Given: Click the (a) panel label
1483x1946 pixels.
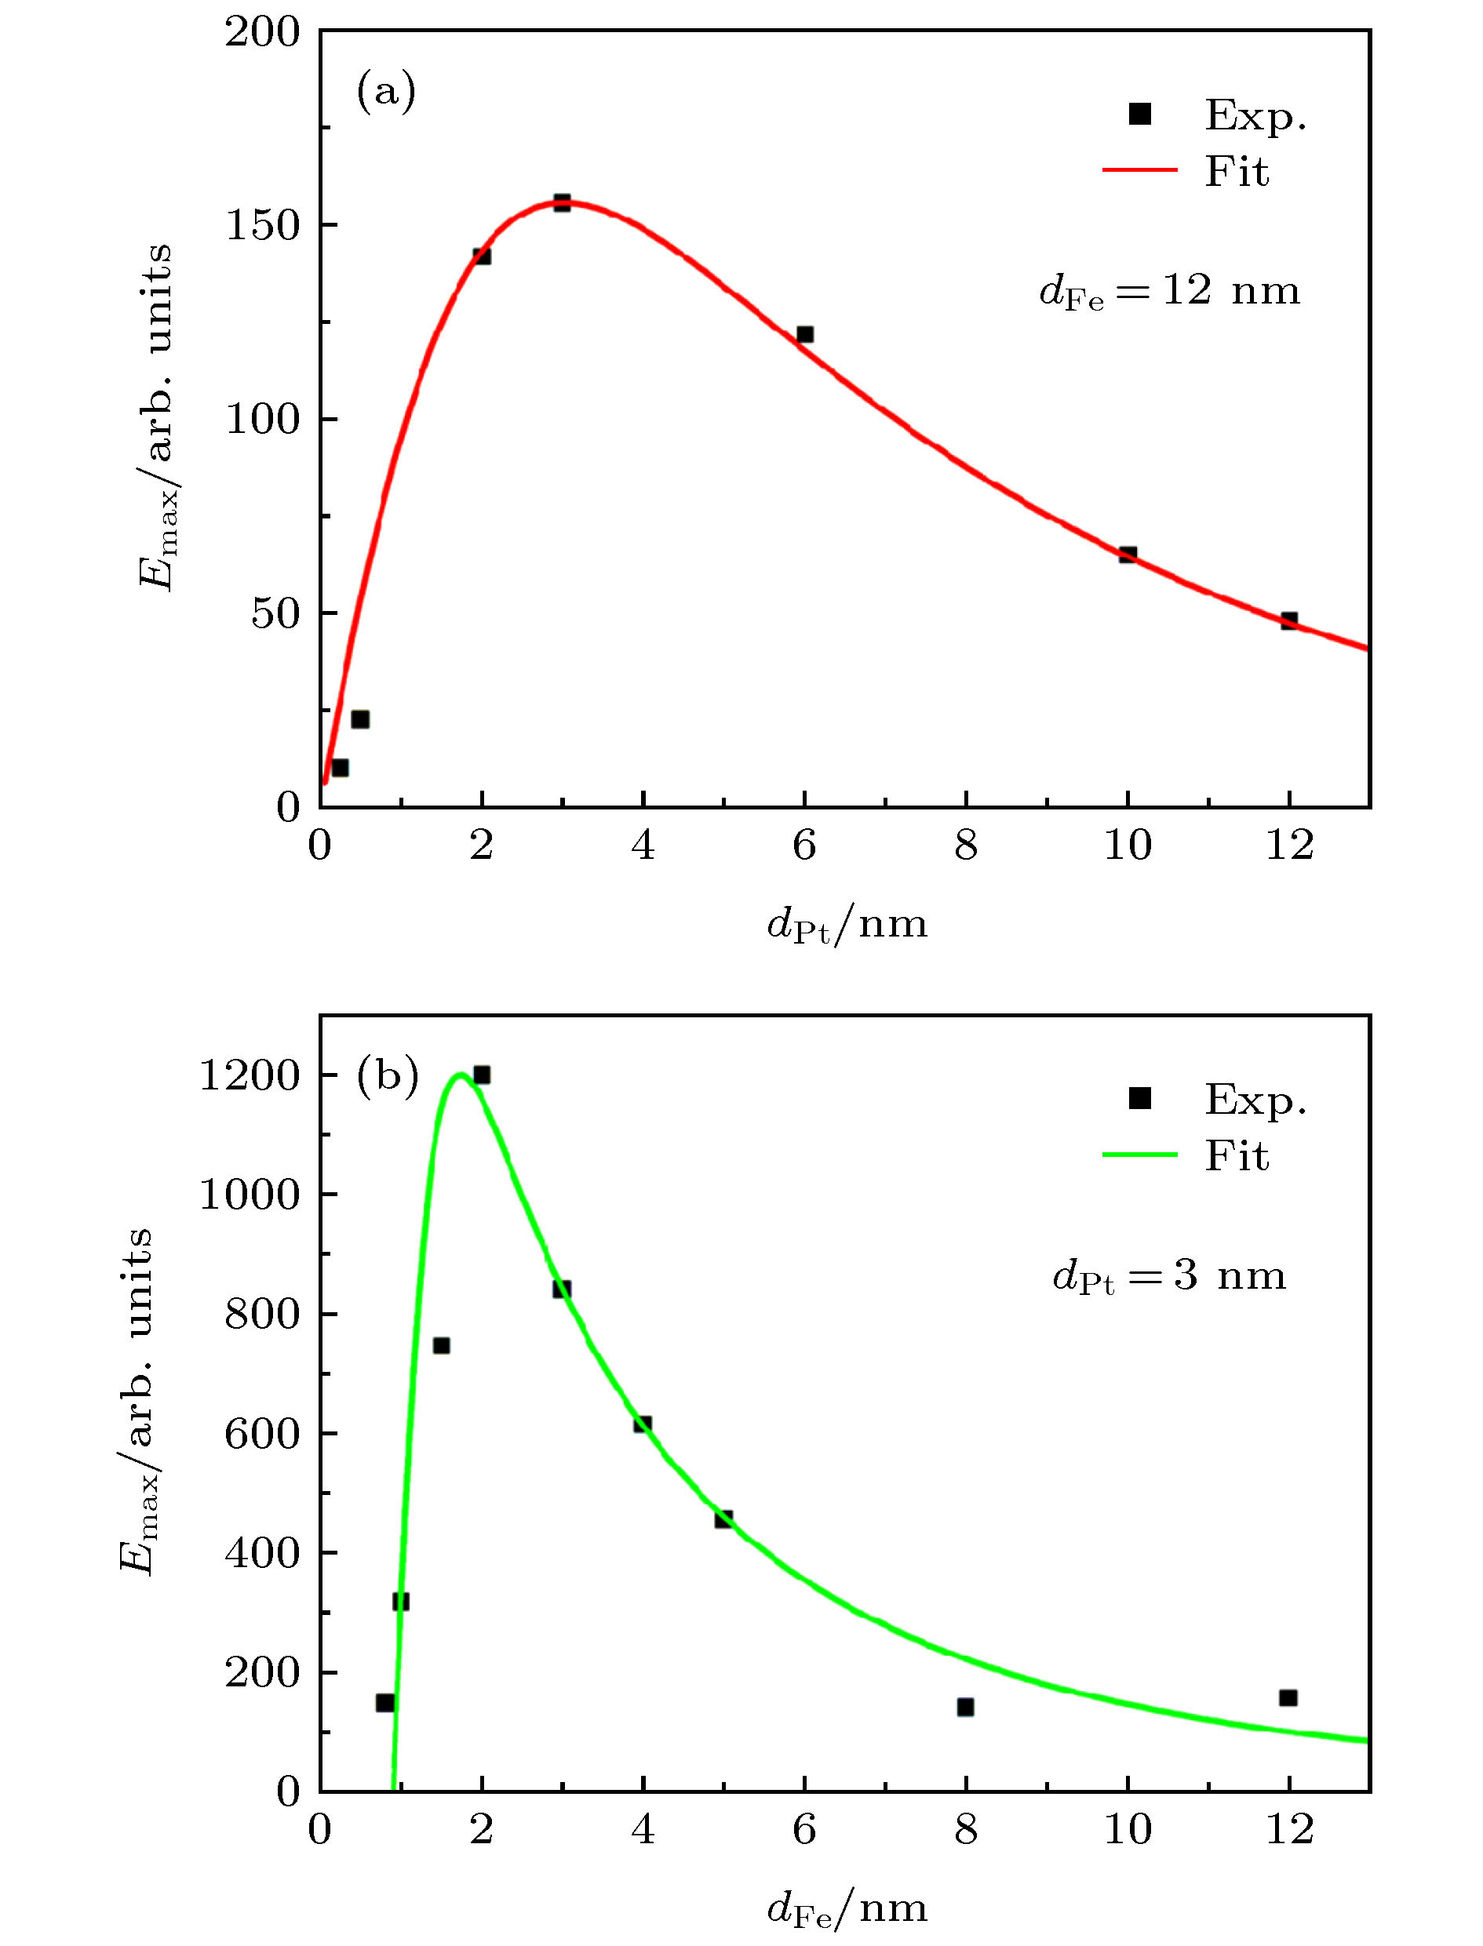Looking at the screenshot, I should pyautogui.click(x=386, y=92).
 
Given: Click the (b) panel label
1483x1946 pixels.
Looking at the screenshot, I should pyautogui.click(x=387, y=1078).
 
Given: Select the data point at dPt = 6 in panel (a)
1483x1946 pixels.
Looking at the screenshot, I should pyautogui.click(x=804, y=334).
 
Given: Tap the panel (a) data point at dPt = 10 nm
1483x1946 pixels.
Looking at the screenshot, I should pyautogui.click(x=1128, y=555).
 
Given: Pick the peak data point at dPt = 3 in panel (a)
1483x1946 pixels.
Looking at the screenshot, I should pyautogui.click(x=563, y=203).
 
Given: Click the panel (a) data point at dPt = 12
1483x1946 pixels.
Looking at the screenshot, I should pyautogui.click(x=1288, y=620).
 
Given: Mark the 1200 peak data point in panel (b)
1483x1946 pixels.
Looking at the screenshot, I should pyautogui.click(x=481, y=1075).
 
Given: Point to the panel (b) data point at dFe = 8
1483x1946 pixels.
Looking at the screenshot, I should pyautogui.click(x=966, y=1707).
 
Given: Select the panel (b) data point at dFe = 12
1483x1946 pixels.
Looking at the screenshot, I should pyautogui.click(x=1288, y=1697).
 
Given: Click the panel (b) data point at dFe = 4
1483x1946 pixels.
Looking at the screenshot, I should pyautogui.click(x=643, y=1424).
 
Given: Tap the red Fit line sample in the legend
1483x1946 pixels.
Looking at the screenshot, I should pyautogui.click(x=1139, y=169).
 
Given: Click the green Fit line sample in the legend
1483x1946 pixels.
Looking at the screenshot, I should pyautogui.click(x=1139, y=1155).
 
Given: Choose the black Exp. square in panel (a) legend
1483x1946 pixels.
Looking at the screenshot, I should pyautogui.click(x=1141, y=114).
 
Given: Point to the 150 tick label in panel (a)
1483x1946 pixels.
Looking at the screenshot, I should pyautogui.click(x=263, y=225).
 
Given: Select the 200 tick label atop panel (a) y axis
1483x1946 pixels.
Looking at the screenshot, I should pyautogui.click(x=263, y=33).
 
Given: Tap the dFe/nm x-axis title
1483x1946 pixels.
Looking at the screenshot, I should pyautogui.click(x=847, y=1909).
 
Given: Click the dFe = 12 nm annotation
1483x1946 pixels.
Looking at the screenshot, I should pyautogui.click(x=1170, y=291).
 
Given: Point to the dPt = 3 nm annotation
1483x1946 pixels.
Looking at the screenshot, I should pyautogui.click(x=1170, y=1277).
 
